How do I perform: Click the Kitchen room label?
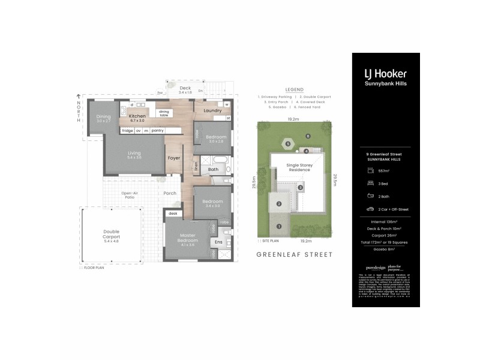[137, 116]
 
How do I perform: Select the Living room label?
[134, 154]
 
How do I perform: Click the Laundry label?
[212, 110]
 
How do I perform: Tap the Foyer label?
[174, 158]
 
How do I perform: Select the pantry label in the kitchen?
[158, 130]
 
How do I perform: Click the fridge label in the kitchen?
[127, 130]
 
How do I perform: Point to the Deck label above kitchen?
[185, 88]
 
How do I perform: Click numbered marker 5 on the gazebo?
[288, 144]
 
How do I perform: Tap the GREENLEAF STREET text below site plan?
[294, 254]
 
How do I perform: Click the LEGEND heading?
[294, 89]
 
